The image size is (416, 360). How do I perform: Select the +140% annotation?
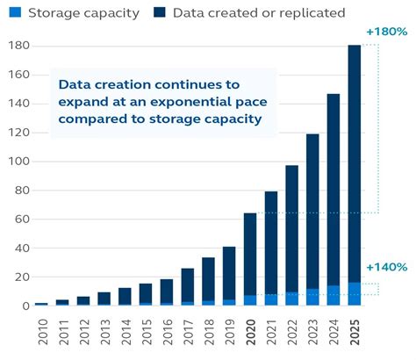click(x=386, y=267)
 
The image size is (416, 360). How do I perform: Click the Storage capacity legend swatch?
click(x=11, y=12)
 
